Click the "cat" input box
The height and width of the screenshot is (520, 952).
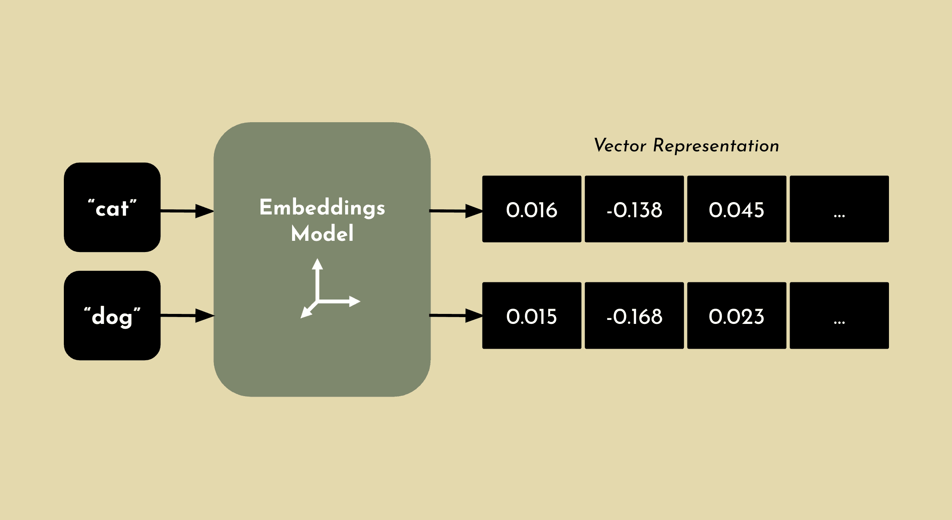(x=112, y=207)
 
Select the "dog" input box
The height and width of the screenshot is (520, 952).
(x=112, y=316)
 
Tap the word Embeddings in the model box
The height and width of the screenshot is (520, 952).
(x=322, y=208)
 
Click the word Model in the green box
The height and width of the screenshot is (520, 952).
(x=322, y=234)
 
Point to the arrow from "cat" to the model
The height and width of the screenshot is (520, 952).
(x=187, y=211)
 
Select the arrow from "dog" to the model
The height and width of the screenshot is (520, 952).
(x=187, y=316)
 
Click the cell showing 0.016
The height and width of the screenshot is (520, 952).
(x=531, y=209)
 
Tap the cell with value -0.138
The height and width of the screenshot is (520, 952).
(x=634, y=209)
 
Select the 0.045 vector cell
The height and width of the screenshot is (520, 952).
(x=737, y=209)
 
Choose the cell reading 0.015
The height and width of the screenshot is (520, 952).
(x=531, y=316)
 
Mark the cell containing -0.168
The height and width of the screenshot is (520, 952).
(x=634, y=316)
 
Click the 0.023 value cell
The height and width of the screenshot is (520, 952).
(x=737, y=316)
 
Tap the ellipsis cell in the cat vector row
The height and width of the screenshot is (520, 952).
(x=839, y=209)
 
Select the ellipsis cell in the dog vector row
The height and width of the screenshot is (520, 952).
(x=839, y=316)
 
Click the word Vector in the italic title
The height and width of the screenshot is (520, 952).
(x=620, y=145)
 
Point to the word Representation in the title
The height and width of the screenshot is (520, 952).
(x=716, y=146)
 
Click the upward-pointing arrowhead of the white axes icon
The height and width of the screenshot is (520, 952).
(x=317, y=264)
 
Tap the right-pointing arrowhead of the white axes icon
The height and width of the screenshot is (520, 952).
(x=354, y=301)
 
